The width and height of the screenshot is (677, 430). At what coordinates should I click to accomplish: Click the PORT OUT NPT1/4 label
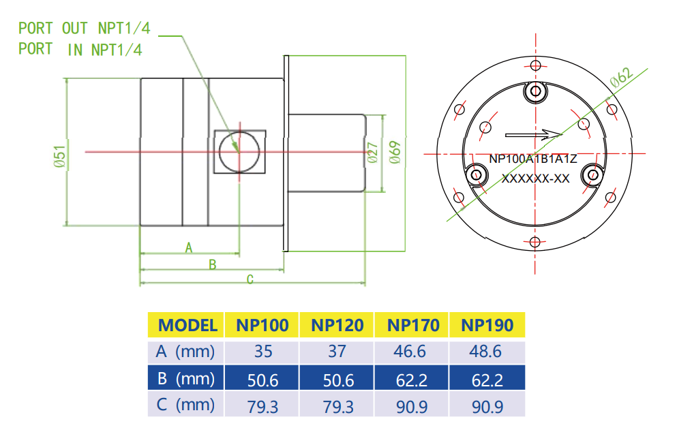tap(84, 28)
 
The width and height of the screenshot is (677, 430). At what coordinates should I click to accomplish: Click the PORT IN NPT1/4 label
tap(80, 50)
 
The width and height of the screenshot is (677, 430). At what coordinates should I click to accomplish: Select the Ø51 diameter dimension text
tap(59, 156)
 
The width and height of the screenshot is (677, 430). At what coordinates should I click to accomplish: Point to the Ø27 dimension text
tap(372, 153)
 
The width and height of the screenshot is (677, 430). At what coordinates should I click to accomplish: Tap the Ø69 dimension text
tap(394, 153)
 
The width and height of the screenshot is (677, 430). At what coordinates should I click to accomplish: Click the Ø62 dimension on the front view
tap(622, 76)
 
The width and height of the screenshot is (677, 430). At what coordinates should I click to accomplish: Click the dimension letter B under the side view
tap(212, 264)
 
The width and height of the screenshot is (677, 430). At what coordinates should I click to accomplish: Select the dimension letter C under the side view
tap(250, 279)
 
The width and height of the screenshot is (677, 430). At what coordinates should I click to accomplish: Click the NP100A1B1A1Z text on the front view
tap(533, 159)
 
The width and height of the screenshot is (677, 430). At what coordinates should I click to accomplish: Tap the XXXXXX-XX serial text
tap(535, 179)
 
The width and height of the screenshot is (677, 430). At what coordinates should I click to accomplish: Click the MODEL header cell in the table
tap(187, 325)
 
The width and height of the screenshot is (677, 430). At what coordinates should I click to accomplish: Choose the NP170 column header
tap(413, 325)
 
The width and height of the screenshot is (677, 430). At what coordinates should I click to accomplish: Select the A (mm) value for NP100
tap(262, 352)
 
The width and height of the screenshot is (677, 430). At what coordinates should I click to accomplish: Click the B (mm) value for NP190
tap(487, 378)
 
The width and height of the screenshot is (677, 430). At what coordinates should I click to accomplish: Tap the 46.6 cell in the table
tap(412, 352)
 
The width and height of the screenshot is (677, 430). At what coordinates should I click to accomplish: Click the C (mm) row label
tap(185, 405)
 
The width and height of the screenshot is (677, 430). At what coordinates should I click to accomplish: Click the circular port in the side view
tap(239, 151)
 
